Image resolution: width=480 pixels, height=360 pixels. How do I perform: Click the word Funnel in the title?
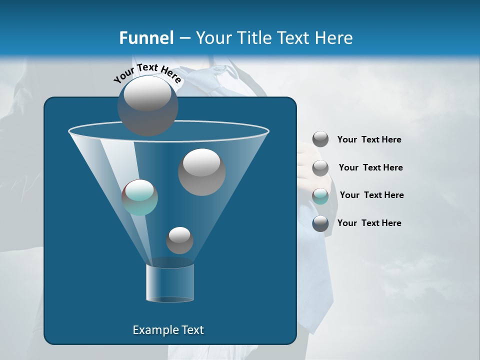click(x=146, y=38)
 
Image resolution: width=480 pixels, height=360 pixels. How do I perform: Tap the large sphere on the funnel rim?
click(x=147, y=105)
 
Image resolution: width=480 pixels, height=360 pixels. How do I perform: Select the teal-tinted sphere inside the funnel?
click(x=139, y=197)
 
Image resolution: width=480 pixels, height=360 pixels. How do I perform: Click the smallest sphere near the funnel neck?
click(x=179, y=240)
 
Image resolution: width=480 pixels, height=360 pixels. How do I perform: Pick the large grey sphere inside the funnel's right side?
click(x=201, y=172)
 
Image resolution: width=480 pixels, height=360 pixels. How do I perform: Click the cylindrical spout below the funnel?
click(x=170, y=282)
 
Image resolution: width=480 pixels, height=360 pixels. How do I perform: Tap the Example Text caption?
click(x=168, y=330)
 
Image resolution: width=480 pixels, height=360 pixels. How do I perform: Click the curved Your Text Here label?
click(x=147, y=73)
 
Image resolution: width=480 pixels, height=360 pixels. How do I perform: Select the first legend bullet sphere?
click(x=320, y=139)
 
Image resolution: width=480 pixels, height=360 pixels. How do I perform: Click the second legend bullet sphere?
click(x=320, y=168)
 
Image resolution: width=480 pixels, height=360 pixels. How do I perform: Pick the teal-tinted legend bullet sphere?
click(x=320, y=196)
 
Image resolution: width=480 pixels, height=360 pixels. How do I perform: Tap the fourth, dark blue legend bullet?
click(x=320, y=223)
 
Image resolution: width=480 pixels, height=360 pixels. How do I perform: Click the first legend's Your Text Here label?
click(x=369, y=140)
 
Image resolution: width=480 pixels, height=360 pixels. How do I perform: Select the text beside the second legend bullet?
click(x=370, y=168)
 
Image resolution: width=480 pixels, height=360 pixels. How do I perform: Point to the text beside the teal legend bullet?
click(x=371, y=195)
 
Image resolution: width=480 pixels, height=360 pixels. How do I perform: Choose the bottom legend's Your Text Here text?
click(x=369, y=223)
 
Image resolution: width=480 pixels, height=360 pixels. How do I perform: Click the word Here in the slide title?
click(x=333, y=38)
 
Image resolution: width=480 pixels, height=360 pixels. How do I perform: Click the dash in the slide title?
click(x=184, y=38)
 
